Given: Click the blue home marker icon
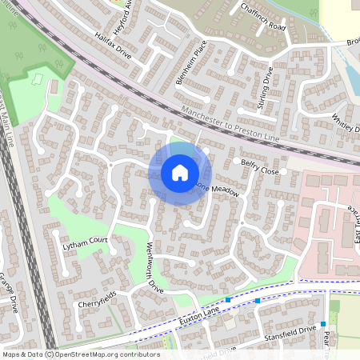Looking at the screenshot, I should tap(179, 173).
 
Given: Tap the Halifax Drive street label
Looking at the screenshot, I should tap(112, 44).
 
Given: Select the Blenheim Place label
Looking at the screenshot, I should tap(190, 62).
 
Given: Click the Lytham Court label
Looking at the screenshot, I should tap(85, 242).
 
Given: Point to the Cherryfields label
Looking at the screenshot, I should tap(98, 304).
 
